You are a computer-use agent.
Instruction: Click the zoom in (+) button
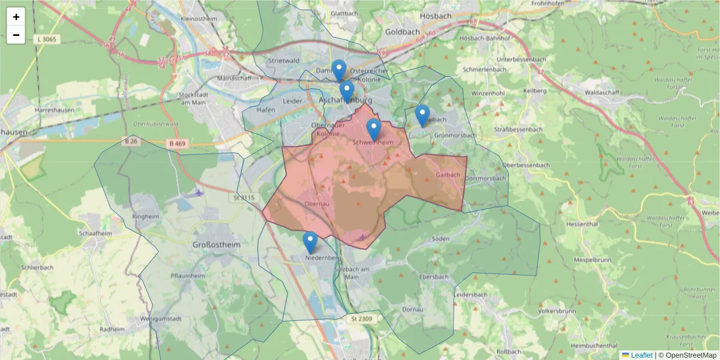pyautogui.click(x=16, y=17)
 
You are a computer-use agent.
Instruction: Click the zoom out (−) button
pyautogui.click(x=16, y=35)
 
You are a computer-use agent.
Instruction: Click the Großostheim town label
pyautogui.click(x=216, y=245)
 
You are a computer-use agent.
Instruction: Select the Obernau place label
pyautogui.click(x=317, y=204)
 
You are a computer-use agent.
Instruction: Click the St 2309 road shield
pyautogui.click(x=362, y=319)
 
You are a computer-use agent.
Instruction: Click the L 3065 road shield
pyautogui.click(x=47, y=39)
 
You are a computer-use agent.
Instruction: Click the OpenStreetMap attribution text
pyautogui.click(x=687, y=355)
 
